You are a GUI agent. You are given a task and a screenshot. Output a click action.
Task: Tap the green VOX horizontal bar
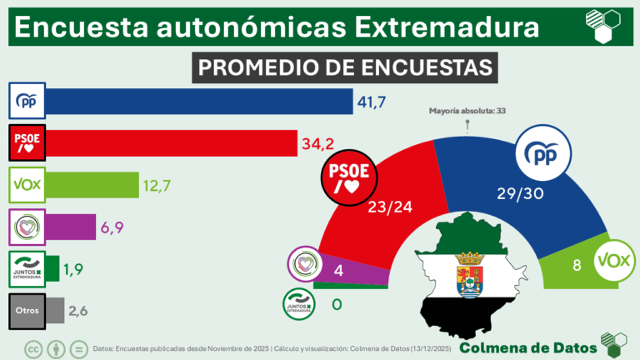(91, 184)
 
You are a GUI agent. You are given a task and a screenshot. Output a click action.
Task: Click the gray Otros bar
(54, 310)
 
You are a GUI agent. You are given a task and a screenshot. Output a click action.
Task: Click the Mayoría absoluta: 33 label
(467, 110)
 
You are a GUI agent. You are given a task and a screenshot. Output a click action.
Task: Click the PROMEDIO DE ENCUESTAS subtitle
(344, 67)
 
